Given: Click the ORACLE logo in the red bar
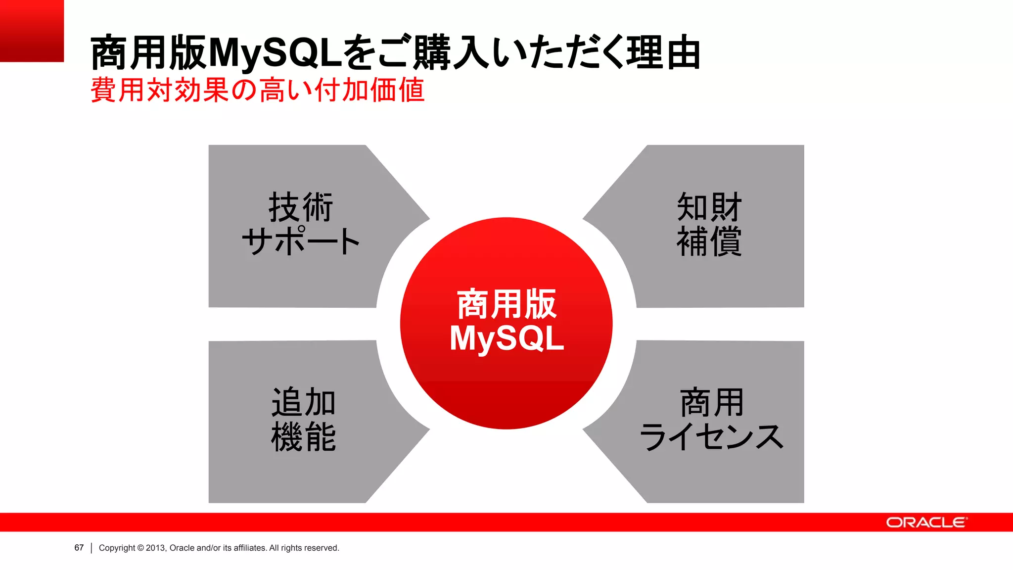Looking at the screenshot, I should (x=926, y=522).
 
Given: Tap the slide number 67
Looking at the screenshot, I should (x=79, y=548).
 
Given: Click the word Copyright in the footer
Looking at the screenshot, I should (x=117, y=548).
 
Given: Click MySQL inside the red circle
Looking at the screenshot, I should (x=506, y=338).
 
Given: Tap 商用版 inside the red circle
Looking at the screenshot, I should (x=506, y=304).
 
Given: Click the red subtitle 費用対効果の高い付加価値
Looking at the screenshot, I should (x=257, y=90).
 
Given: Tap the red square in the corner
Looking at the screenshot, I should (x=32, y=31).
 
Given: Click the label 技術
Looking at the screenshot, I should (x=301, y=207).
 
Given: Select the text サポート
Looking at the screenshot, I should (x=301, y=241).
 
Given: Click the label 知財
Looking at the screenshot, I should (x=709, y=207).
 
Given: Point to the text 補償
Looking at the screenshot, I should (x=709, y=241).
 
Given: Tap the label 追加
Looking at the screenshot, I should (x=304, y=402).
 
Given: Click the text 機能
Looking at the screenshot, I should (x=304, y=437).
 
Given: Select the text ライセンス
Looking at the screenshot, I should (x=711, y=437).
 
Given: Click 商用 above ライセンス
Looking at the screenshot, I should (x=711, y=402).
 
